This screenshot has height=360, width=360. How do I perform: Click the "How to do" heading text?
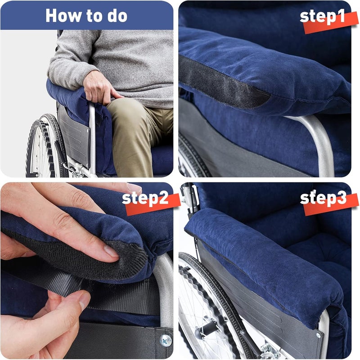pyautogui.click(x=86, y=16)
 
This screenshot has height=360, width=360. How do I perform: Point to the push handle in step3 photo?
pyautogui.click(x=188, y=193)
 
